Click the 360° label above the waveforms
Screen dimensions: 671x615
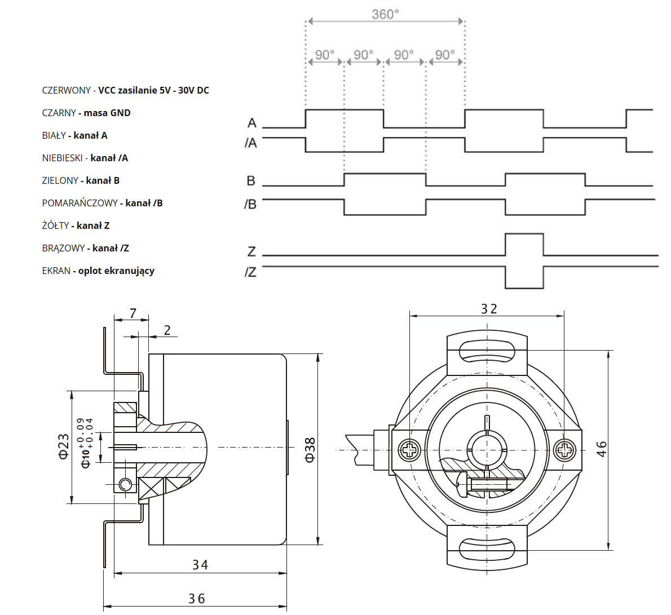(x=385, y=14)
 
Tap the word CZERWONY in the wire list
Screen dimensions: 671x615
(x=66, y=90)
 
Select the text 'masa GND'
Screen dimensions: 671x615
(x=107, y=113)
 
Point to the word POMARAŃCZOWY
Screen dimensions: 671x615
(x=80, y=203)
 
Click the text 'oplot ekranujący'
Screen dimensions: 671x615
(x=116, y=271)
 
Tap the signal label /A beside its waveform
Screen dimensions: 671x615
(x=251, y=143)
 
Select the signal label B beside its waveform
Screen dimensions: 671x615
(x=251, y=181)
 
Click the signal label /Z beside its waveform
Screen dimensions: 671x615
(x=251, y=272)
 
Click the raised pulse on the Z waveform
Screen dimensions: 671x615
(x=524, y=244)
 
